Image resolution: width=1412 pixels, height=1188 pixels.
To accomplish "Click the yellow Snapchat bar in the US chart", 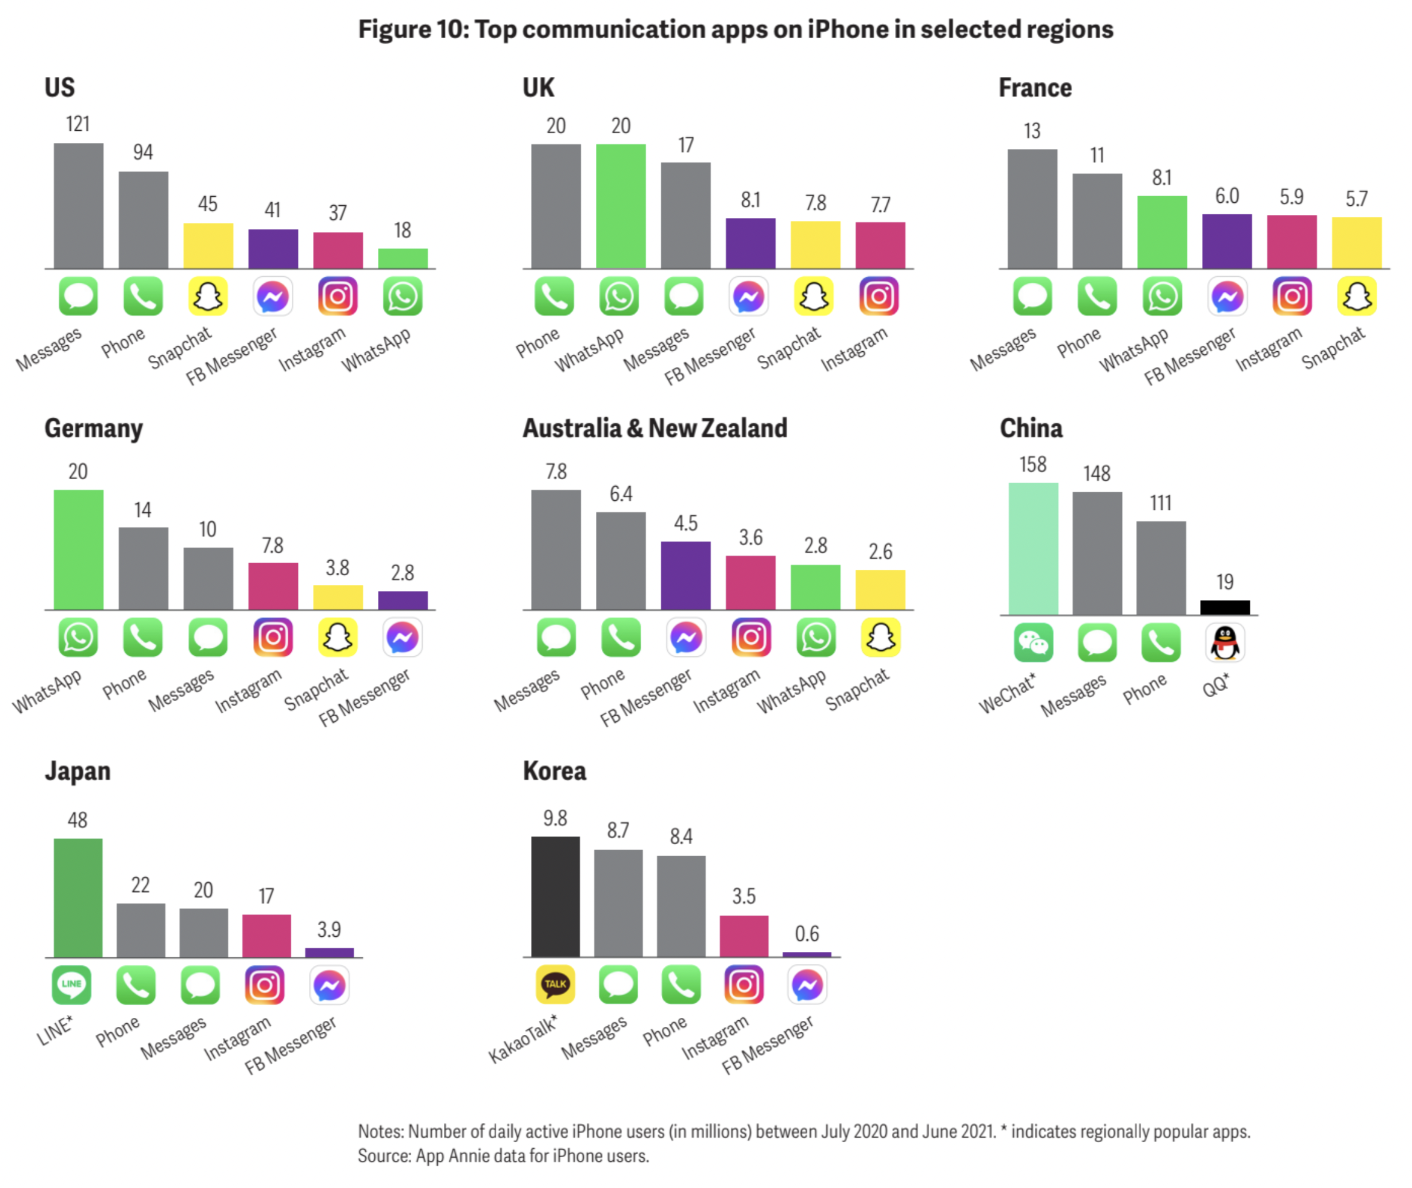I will (x=208, y=246).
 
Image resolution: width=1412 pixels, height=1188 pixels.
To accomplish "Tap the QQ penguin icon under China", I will (x=1225, y=643).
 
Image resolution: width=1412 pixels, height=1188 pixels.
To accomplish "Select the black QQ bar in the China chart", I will (x=1225, y=607).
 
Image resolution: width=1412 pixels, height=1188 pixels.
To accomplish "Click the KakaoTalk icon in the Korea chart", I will (x=555, y=985).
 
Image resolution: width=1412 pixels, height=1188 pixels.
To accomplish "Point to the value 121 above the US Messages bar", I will (x=78, y=125).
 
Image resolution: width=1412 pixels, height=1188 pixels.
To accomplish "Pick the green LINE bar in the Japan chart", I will (x=78, y=897).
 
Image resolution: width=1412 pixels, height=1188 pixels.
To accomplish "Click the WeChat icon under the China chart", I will (x=1033, y=643).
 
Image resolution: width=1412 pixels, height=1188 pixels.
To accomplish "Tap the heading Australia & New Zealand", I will (x=655, y=428).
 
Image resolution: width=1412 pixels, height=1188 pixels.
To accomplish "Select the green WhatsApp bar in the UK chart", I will (x=620, y=206).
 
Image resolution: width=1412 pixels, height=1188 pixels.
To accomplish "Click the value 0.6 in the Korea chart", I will (x=807, y=934).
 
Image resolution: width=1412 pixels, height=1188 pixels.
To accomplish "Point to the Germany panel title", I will (x=94, y=429).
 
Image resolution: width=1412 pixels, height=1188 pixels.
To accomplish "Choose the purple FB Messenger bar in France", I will (x=1227, y=241).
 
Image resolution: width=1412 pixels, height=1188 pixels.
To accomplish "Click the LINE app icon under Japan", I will (x=71, y=985).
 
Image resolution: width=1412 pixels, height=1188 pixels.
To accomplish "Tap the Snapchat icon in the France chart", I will (x=1357, y=296).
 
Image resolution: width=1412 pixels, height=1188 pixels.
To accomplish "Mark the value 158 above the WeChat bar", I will (x=1033, y=464).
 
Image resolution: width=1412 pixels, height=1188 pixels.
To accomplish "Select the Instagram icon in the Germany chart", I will (x=272, y=637).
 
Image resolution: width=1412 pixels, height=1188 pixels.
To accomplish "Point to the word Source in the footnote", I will (x=383, y=1156).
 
